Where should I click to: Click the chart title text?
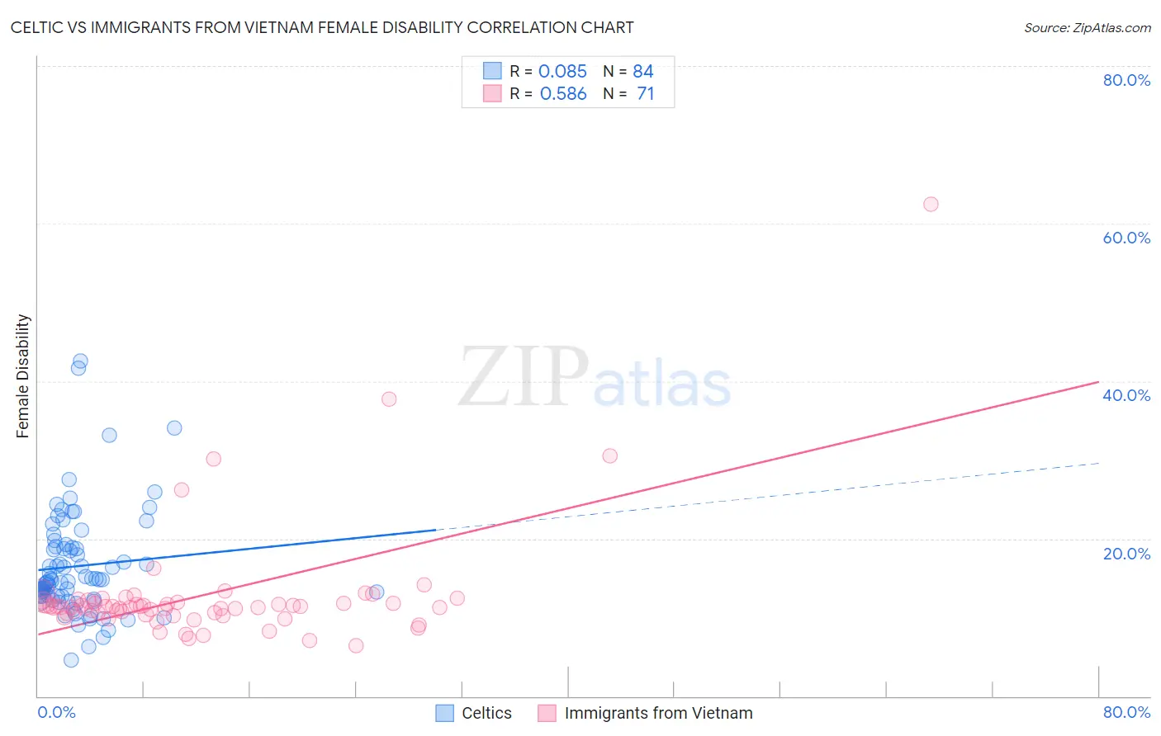pos(322,27)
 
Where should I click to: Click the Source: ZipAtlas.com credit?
pos(1087,27)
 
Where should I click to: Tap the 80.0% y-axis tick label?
pos(1126,80)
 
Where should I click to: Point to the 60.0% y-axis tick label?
pos(1126,238)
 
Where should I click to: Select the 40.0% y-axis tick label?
pos(1126,395)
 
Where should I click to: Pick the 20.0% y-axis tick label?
pos(1126,553)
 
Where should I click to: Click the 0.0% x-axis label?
pos(56,712)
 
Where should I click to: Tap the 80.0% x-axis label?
pos(1126,712)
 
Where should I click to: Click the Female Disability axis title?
pos(23,375)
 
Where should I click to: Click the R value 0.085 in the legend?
pos(562,72)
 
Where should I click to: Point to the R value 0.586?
pos(563,94)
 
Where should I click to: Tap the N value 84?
pos(643,72)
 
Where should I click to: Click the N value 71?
pos(645,94)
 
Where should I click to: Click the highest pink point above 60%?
pos(931,205)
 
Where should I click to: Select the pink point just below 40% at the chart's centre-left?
pos(389,399)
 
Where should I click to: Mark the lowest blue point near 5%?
pos(71,660)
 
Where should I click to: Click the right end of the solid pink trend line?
pos(1098,382)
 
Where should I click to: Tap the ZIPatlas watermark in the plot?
pos(595,378)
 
